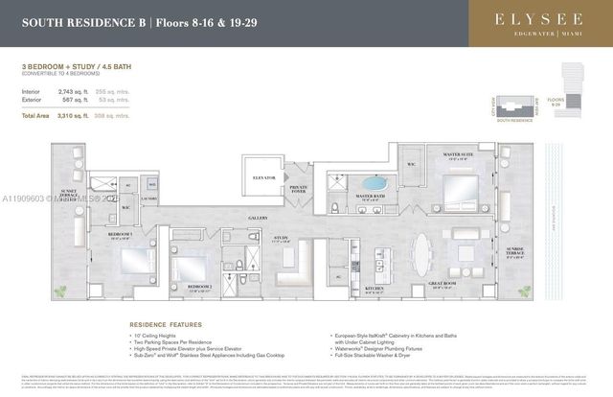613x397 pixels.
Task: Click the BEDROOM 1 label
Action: click(119, 234)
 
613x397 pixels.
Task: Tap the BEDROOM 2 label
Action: click(198, 287)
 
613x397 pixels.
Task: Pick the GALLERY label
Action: click(256, 218)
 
